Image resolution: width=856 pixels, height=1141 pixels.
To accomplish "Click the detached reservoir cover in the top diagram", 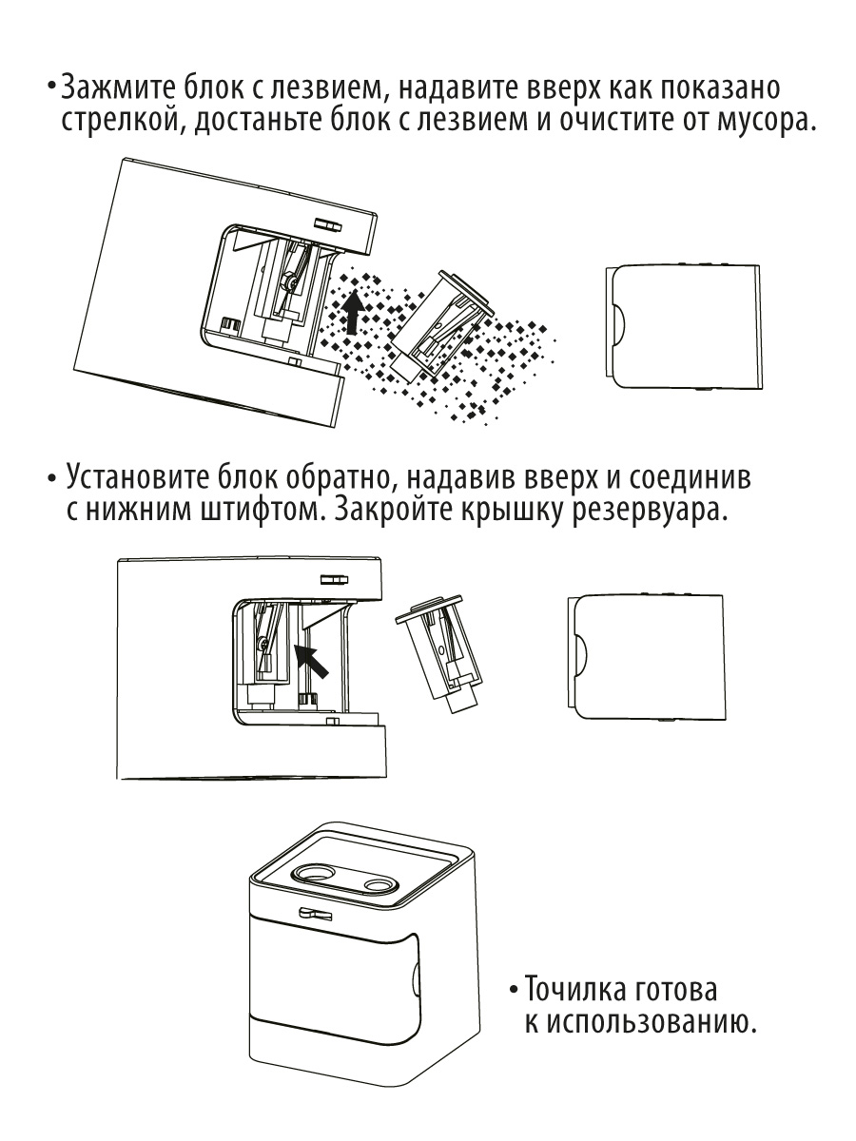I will pos(683,327).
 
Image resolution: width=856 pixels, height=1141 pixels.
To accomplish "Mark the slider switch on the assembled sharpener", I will pos(315,914).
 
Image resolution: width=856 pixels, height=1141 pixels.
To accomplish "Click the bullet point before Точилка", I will pos(513,991).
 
